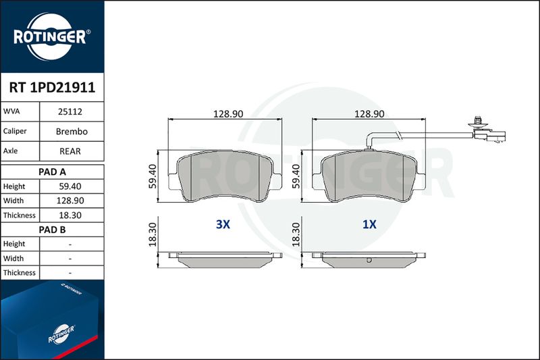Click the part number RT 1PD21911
click(52, 88)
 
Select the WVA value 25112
click(70, 111)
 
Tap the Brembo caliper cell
click(72, 131)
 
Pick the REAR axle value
click(70, 151)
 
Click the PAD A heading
click(52, 172)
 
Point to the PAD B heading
click(52, 230)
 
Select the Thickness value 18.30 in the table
click(70, 215)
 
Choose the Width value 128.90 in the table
click(70, 201)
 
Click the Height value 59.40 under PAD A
click(70, 186)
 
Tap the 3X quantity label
click(223, 224)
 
